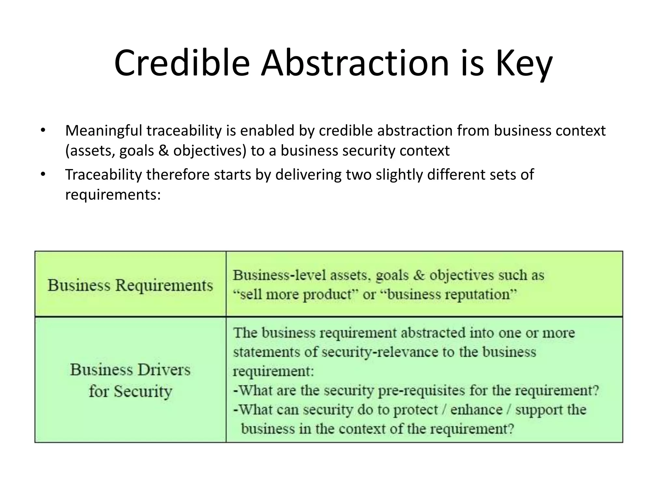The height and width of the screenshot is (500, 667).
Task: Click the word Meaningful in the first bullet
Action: (103, 131)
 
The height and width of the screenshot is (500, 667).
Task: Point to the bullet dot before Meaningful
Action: (43, 131)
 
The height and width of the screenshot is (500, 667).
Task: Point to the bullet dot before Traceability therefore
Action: (43, 175)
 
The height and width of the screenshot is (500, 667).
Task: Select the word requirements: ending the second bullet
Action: (113, 195)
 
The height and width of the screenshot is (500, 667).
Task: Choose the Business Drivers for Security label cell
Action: (130, 380)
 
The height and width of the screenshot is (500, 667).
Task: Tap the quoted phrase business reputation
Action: (448, 295)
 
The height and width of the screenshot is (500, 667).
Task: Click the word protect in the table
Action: (415, 410)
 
